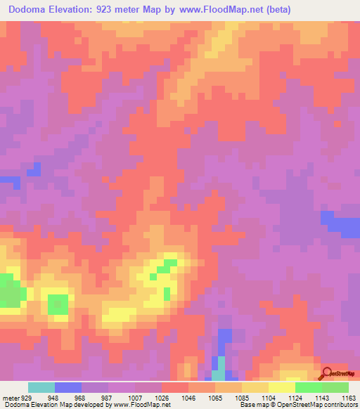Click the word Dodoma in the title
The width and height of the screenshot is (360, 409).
click(30, 10)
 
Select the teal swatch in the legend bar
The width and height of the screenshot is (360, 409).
click(41, 387)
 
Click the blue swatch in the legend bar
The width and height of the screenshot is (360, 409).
click(68, 387)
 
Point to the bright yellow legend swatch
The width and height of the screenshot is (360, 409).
click(282, 387)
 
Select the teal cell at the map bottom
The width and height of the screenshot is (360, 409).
click(220, 366)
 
